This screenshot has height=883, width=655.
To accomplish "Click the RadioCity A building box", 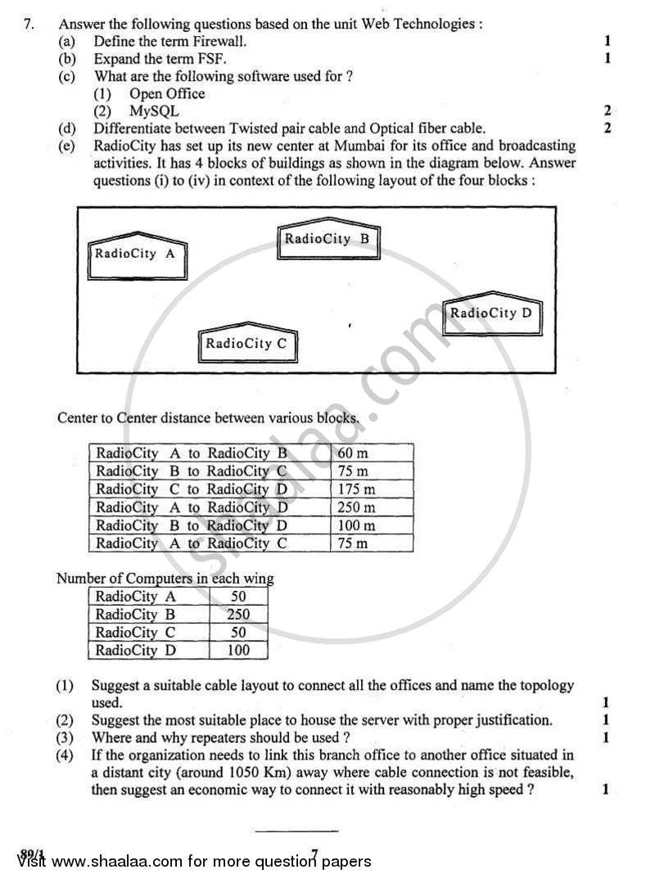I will [x=136, y=255].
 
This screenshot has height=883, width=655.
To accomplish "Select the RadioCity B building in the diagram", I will [x=328, y=240].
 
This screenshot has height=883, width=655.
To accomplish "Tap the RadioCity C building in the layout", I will [x=246, y=344].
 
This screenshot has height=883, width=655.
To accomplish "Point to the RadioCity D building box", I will [x=491, y=313].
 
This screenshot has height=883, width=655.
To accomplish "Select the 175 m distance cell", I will [x=356, y=489].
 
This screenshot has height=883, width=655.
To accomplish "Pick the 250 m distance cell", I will [x=356, y=507].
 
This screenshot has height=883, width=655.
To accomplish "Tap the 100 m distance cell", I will [x=356, y=525].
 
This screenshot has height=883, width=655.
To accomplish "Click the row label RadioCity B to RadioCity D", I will [x=192, y=525].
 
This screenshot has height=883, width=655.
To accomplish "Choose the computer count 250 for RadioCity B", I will [x=237, y=615].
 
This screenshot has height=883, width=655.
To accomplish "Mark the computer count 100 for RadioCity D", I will [x=237, y=651].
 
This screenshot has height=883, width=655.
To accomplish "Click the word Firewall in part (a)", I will [x=217, y=41].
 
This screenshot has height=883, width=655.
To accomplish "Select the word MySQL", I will [x=154, y=111].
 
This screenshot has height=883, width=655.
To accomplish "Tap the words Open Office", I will [x=167, y=93].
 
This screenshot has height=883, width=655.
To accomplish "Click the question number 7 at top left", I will [x=29, y=24].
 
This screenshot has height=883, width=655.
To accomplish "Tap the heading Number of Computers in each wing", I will [x=165, y=579].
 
